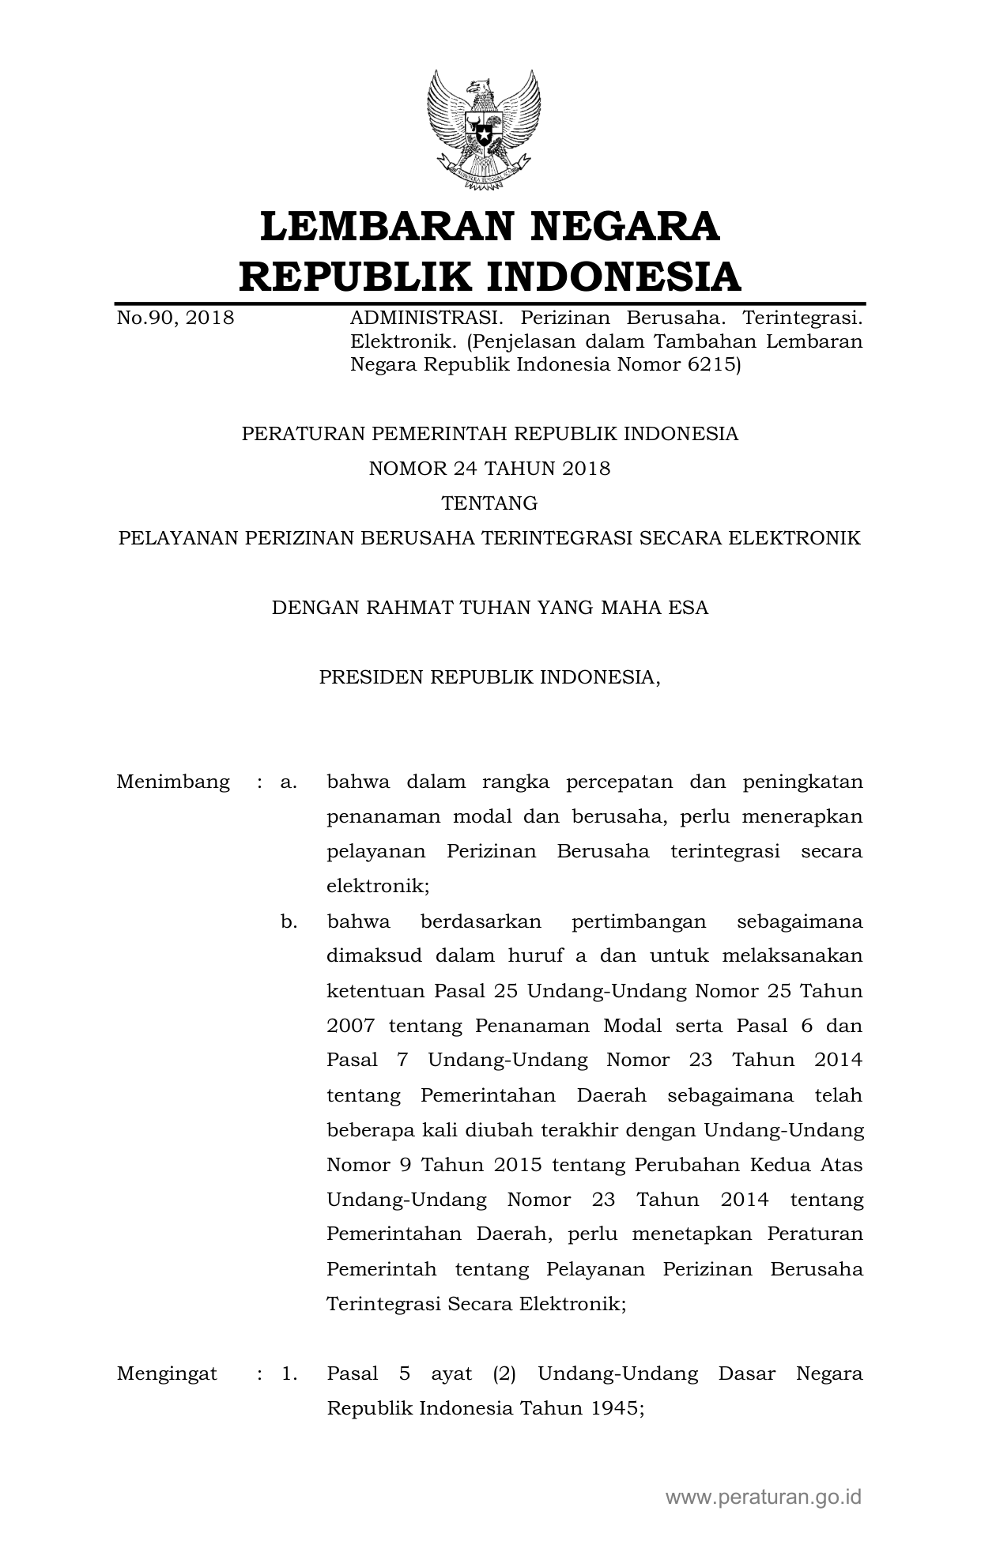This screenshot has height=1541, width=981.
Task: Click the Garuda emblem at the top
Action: coord(484,130)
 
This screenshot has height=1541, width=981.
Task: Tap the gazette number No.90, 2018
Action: coord(175,318)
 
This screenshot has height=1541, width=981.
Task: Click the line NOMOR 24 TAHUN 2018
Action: coord(489,469)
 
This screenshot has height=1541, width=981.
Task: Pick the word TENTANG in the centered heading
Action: coord(489,503)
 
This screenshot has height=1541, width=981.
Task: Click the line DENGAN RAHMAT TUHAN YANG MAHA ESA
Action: coord(489,608)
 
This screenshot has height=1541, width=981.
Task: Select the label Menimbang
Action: coord(173,782)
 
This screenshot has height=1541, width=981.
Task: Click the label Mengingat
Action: coord(167,1373)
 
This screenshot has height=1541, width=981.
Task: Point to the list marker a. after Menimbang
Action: coord(289,782)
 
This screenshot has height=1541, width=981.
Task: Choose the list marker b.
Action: coord(289,921)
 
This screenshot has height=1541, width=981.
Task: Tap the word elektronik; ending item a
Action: coord(378,887)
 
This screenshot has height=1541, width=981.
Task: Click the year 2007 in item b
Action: coord(350,1026)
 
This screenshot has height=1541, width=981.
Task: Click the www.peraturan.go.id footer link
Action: coord(763,1496)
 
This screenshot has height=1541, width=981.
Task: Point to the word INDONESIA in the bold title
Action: coord(613,277)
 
